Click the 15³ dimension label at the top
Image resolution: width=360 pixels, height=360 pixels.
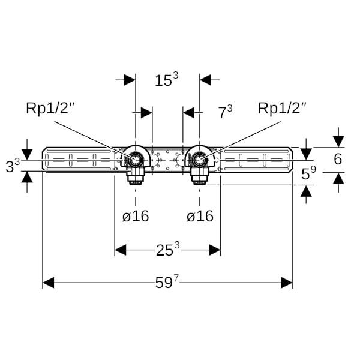167,80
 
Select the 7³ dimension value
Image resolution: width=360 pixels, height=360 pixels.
225,112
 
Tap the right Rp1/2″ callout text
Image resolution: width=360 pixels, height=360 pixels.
283,109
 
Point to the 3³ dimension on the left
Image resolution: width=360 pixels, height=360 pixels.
13,165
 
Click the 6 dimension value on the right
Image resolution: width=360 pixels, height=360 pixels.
338,159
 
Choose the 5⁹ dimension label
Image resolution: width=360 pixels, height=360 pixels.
308,174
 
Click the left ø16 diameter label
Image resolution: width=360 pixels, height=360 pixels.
136,217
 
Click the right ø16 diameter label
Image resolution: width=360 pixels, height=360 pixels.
200,217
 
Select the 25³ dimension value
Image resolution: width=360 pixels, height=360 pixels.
167,250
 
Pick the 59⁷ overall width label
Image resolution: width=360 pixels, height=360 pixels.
167,283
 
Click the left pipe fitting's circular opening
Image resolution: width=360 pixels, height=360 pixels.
136,160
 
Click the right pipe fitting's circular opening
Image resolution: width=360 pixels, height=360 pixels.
199,160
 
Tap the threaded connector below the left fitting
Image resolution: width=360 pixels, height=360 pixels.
135,176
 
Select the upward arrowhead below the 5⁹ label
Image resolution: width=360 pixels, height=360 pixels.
307,190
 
